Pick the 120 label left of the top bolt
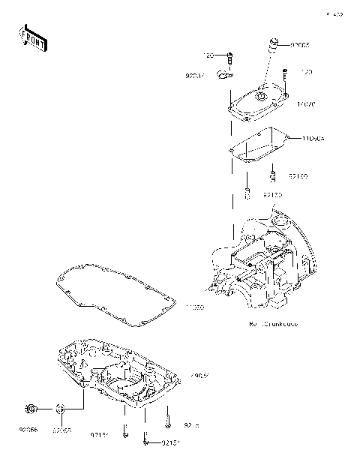[209, 55]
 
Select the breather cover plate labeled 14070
[258, 101]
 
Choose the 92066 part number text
[30, 430]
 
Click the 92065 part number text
[62, 430]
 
